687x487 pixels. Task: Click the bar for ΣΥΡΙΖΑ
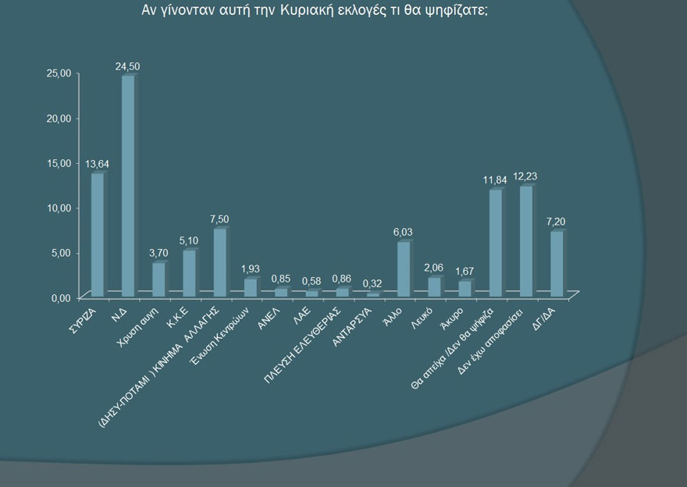tap(97, 234)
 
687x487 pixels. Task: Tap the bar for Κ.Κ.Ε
tap(189, 273)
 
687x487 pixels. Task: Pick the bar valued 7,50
tap(219, 262)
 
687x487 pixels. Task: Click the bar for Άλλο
tap(403, 269)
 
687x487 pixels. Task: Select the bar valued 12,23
tap(525, 241)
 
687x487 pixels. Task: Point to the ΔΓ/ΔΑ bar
tap(556, 264)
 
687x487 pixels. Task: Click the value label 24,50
tap(127, 67)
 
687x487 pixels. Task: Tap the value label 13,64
tap(97, 164)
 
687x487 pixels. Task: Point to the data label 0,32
tap(372, 283)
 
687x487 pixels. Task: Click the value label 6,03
tap(403, 233)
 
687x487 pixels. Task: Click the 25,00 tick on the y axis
tap(59, 73)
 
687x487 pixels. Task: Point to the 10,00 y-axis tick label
tap(59, 208)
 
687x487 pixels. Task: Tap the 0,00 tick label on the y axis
tap(62, 298)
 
